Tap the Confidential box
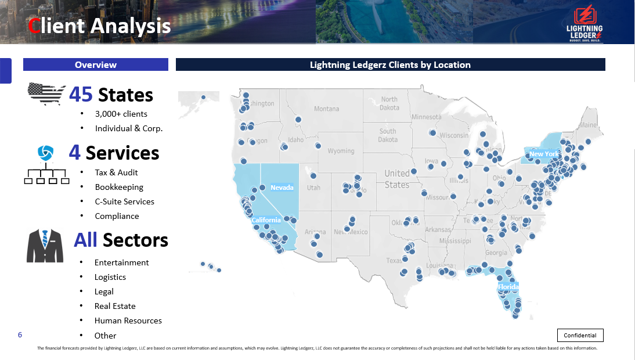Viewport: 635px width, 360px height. tap(580, 335)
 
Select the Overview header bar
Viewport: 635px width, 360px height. tap(96, 64)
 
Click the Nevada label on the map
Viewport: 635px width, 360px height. tap(282, 188)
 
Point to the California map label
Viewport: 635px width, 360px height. tap(266, 220)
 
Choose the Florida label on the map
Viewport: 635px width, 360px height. tap(508, 287)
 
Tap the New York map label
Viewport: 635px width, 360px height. tap(543, 154)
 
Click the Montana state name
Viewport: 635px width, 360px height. tap(326, 109)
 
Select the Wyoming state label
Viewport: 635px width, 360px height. tap(341, 151)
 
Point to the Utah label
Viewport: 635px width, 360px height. tap(313, 188)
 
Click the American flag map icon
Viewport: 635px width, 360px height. tap(46, 94)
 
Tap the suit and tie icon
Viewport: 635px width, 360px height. tap(45, 246)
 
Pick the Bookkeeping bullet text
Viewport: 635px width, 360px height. tap(119, 187)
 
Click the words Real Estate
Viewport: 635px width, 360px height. tap(115, 306)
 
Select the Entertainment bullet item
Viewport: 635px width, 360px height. tap(121, 262)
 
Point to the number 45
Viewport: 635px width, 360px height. tap(81, 95)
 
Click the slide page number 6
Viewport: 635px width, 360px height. tap(20, 335)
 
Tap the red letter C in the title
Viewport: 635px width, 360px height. tap(35, 26)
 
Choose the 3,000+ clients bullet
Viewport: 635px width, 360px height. tap(121, 114)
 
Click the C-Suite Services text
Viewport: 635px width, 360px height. tap(124, 201)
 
